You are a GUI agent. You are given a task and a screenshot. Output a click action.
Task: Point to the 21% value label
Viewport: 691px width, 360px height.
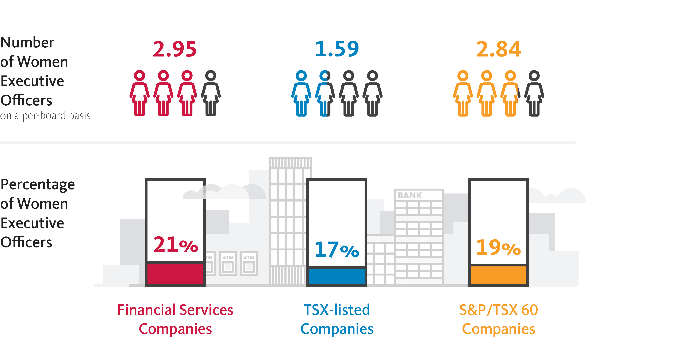[175, 244]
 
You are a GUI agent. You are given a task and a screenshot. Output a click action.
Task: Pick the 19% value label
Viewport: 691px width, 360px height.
[498, 247]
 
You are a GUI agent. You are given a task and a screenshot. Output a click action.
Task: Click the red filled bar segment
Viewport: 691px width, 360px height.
[175, 273]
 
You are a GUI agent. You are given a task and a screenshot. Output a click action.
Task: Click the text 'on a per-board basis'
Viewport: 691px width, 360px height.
[45, 116]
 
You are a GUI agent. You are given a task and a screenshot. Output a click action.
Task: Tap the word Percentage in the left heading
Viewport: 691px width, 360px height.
[38, 184]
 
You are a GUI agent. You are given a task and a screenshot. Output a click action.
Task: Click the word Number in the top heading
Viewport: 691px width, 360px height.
[27, 42]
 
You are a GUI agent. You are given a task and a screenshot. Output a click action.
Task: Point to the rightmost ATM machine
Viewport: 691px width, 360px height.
[249, 263]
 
